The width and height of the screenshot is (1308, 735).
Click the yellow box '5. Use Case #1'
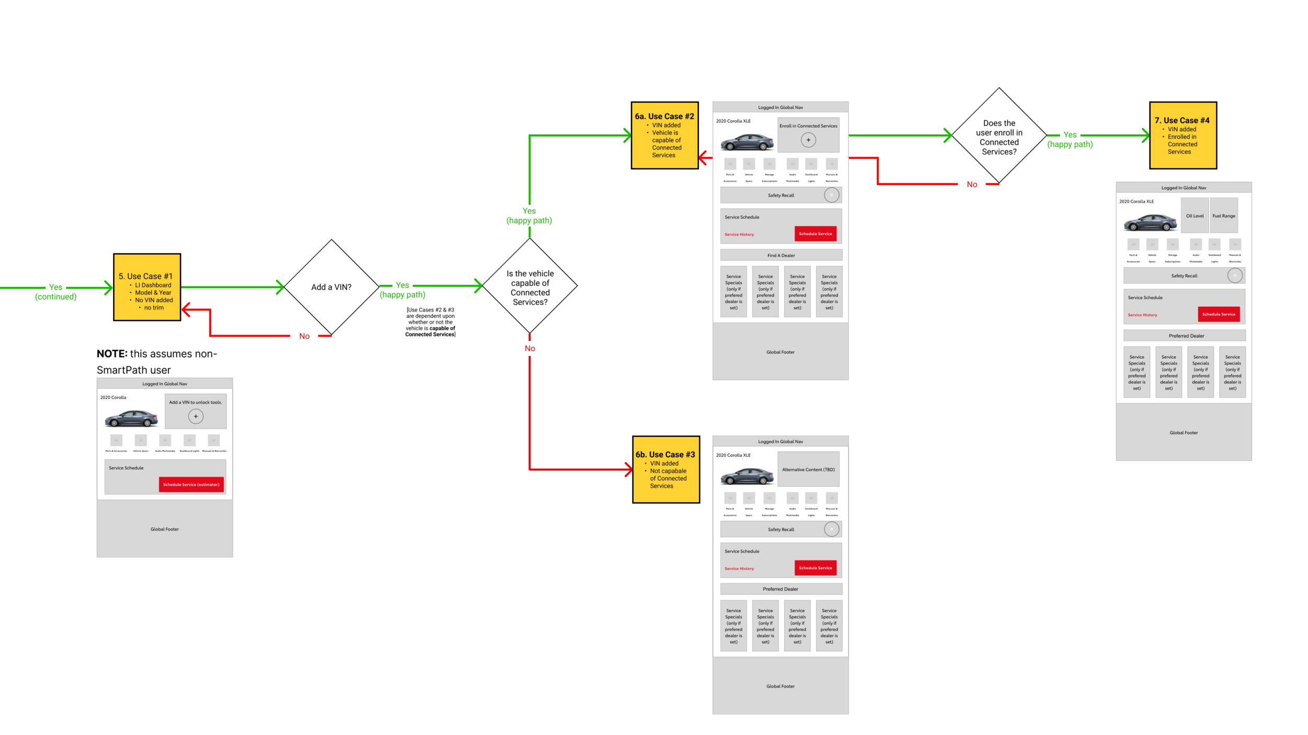click(x=147, y=287)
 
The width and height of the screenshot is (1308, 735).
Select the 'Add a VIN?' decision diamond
click(x=331, y=287)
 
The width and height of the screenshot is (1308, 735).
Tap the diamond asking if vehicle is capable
click(x=529, y=287)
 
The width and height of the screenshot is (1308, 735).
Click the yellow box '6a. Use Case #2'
click(x=664, y=135)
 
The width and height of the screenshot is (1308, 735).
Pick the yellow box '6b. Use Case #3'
click(x=666, y=469)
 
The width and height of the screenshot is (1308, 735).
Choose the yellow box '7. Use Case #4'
click(x=1182, y=135)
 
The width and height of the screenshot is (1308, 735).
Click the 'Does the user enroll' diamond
click(x=999, y=137)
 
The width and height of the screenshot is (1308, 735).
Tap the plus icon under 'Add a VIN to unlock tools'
click(x=196, y=417)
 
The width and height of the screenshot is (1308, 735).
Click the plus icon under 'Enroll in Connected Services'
click(x=808, y=140)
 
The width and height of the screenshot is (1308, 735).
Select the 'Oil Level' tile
click(x=1194, y=215)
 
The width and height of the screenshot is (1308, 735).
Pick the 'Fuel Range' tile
click(x=1223, y=215)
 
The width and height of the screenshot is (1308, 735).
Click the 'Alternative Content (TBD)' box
click(x=808, y=469)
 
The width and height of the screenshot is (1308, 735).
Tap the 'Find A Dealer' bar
click(x=781, y=255)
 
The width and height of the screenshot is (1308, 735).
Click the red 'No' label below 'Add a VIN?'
click(x=305, y=336)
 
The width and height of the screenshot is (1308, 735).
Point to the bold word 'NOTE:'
click(x=112, y=354)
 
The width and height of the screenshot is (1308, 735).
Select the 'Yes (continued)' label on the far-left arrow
click(x=55, y=292)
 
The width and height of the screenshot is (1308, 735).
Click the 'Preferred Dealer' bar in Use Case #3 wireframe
click(x=781, y=589)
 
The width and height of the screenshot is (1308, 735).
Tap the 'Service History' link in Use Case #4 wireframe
click(x=1142, y=315)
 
